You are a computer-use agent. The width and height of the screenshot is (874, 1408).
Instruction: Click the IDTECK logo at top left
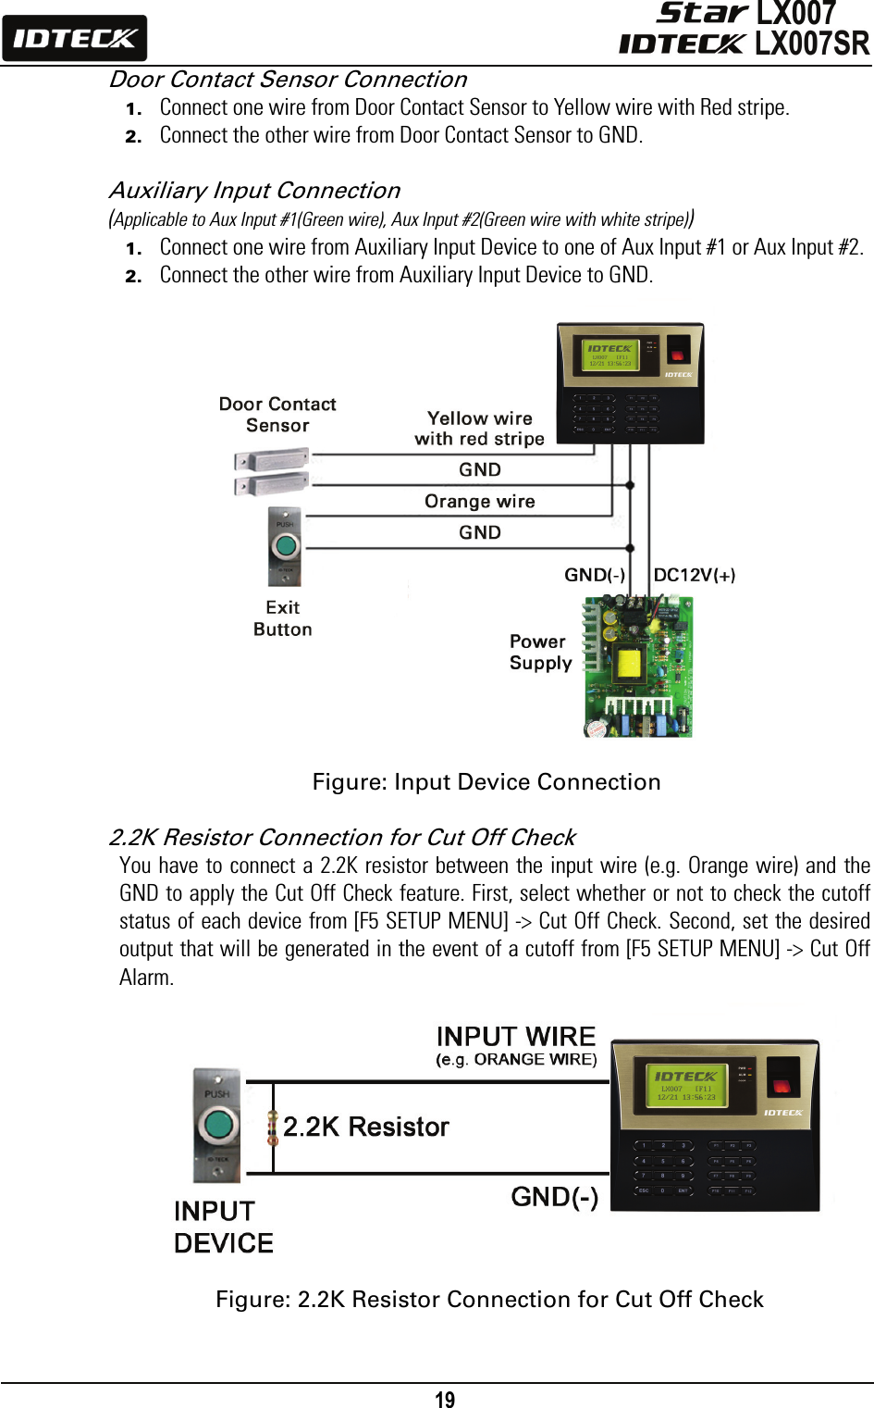click(x=74, y=38)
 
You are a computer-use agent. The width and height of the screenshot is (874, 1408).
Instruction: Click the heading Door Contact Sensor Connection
click(x=288, y=80)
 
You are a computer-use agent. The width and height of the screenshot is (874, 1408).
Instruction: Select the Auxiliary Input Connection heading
click(x=254, y=191)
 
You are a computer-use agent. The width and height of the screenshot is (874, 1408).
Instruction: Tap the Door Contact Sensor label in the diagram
click(x=277, y=415)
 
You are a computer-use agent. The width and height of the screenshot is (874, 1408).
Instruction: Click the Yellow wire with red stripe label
click(x=479, y=429)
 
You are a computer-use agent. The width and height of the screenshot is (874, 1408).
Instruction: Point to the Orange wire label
click(x=479, y=502)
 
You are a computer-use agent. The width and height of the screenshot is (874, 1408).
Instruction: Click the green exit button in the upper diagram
click(x=286, y=545)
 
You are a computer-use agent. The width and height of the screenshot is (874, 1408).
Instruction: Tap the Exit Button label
click(x=283, y=618)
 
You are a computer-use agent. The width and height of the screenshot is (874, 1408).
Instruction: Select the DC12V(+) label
click(x=694, y=575)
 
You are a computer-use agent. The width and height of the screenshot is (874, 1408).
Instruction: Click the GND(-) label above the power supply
click(x=595, y=575)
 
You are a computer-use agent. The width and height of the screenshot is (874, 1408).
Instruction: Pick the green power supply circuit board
click(x=637, y=667)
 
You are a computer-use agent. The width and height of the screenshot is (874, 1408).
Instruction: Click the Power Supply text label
click(x=540, y=653)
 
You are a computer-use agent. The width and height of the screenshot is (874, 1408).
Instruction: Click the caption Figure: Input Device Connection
click(x=486, y=782)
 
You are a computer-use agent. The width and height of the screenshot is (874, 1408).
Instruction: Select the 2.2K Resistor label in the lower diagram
click(x=365, y=1127)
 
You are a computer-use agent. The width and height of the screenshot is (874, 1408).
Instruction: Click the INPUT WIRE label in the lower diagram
click(x=516, y=1037)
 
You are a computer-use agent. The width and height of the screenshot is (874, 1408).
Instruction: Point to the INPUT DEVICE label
click(x=223, y=1227)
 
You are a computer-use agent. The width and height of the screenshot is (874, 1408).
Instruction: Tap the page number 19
click(x=445, y=1400)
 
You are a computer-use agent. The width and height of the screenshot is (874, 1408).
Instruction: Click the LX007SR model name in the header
click(x=811, y=44)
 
